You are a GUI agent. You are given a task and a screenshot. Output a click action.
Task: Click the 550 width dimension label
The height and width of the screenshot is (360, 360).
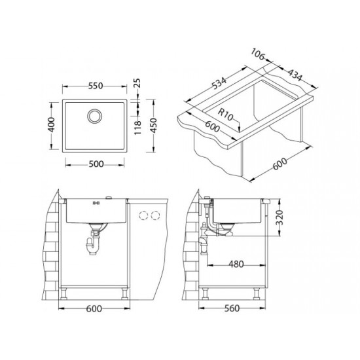96,86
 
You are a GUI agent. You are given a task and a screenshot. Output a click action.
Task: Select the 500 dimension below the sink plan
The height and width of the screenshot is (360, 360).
96,164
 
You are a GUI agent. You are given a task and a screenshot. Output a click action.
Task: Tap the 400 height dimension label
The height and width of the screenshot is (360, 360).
52,124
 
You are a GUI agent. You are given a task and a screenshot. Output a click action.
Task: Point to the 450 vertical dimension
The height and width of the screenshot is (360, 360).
153,125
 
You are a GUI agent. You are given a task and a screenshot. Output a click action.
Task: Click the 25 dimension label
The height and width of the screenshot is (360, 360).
137,83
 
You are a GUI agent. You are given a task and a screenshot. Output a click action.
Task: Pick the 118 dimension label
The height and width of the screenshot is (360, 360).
137,128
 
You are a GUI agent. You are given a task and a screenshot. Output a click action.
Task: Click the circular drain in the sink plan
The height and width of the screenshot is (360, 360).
94,115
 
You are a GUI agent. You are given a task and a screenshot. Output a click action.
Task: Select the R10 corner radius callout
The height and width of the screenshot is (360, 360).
225,115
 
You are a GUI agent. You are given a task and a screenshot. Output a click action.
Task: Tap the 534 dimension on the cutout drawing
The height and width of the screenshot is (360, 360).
219,83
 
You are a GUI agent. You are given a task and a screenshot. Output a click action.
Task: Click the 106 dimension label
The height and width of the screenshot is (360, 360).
258,54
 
